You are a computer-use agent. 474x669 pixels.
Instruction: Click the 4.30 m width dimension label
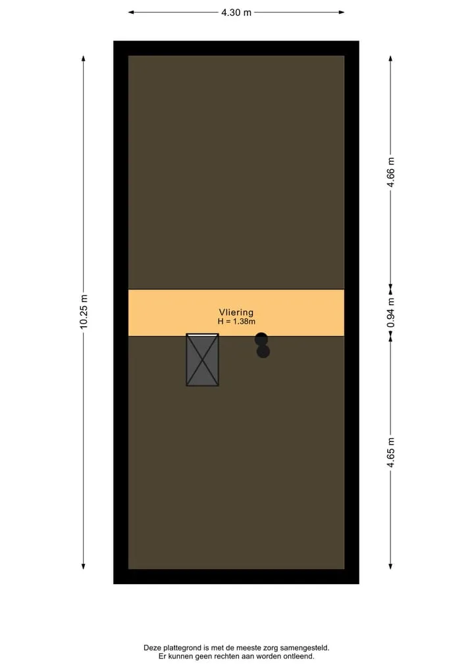236,12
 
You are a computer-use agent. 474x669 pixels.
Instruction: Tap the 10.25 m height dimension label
84,311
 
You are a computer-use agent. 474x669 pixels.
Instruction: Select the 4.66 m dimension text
391,172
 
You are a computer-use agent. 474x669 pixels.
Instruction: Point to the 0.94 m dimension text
391,312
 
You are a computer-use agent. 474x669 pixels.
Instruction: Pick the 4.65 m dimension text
391,453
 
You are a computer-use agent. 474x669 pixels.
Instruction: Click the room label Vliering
236,312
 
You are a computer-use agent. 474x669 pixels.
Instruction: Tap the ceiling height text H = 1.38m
236,321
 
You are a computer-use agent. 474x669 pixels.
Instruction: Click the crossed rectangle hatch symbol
202,360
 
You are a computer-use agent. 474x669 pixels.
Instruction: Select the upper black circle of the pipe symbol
261,339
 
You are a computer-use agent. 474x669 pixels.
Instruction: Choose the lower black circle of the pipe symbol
263,351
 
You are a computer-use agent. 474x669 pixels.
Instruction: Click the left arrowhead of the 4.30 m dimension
131,12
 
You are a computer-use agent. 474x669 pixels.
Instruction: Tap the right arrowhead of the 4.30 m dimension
342,12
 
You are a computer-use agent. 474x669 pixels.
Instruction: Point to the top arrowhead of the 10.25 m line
83,59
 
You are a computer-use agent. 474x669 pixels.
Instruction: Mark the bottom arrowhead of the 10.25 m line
83,566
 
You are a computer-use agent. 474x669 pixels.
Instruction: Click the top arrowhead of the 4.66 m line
390,59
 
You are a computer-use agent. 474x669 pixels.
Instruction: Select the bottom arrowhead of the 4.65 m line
390,566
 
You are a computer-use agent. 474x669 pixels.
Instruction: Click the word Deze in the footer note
153,648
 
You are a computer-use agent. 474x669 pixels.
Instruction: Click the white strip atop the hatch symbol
202,335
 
